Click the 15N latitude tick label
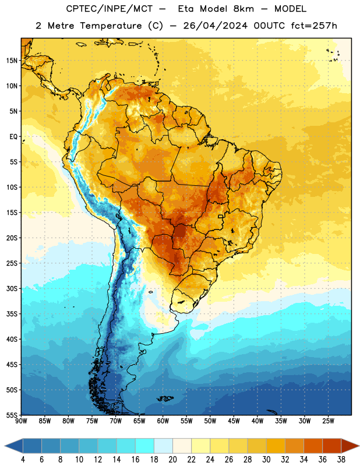12,61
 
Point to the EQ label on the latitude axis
13,137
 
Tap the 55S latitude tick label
12,415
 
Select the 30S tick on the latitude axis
12,288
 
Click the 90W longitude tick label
22,421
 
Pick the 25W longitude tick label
328,421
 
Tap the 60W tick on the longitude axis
163,421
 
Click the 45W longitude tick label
234,421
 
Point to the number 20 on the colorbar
172,460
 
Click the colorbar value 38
341,460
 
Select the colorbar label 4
23,460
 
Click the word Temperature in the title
111,26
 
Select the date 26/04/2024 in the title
215,26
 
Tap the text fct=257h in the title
314,26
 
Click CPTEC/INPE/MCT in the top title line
109,9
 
